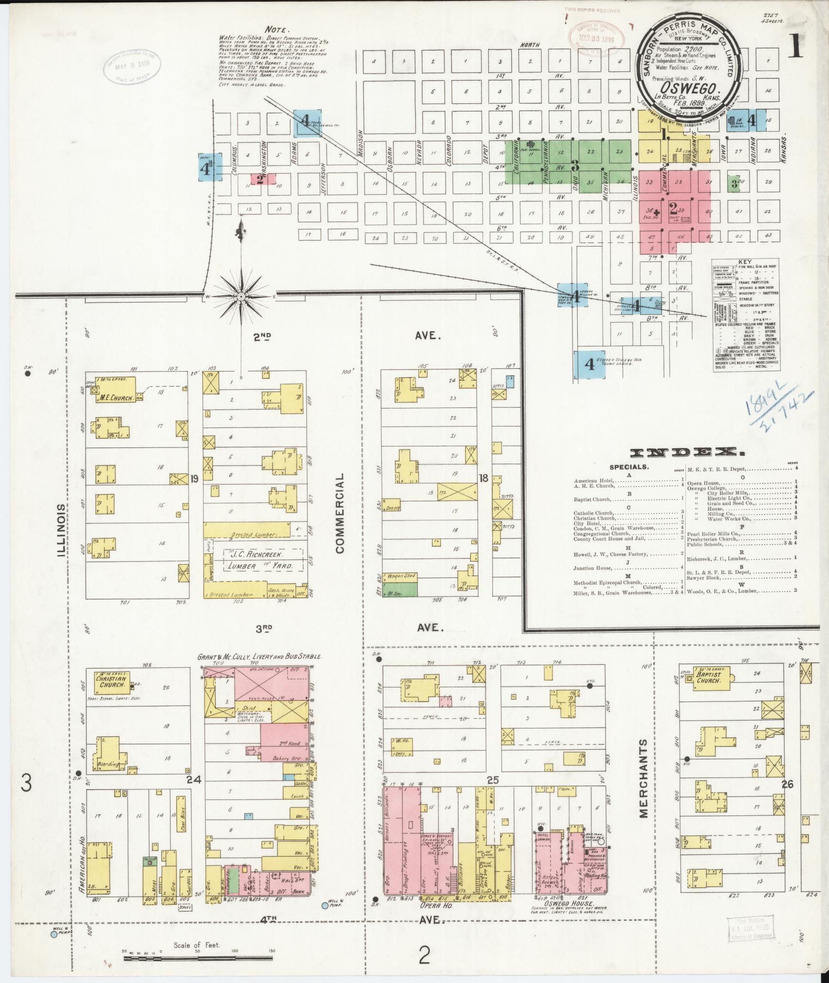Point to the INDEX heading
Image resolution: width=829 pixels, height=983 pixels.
coord(687,453)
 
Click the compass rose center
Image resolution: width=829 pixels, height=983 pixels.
coord(241,297)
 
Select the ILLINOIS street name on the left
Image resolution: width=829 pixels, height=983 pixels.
coord(62,530)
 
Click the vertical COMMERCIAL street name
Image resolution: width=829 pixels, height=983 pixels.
coord(339,513)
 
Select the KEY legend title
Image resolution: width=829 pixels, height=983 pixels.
coord(745,261)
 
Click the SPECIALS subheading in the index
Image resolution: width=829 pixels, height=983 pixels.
coord(629,467)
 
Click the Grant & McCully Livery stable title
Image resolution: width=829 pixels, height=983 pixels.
coord(260,657)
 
